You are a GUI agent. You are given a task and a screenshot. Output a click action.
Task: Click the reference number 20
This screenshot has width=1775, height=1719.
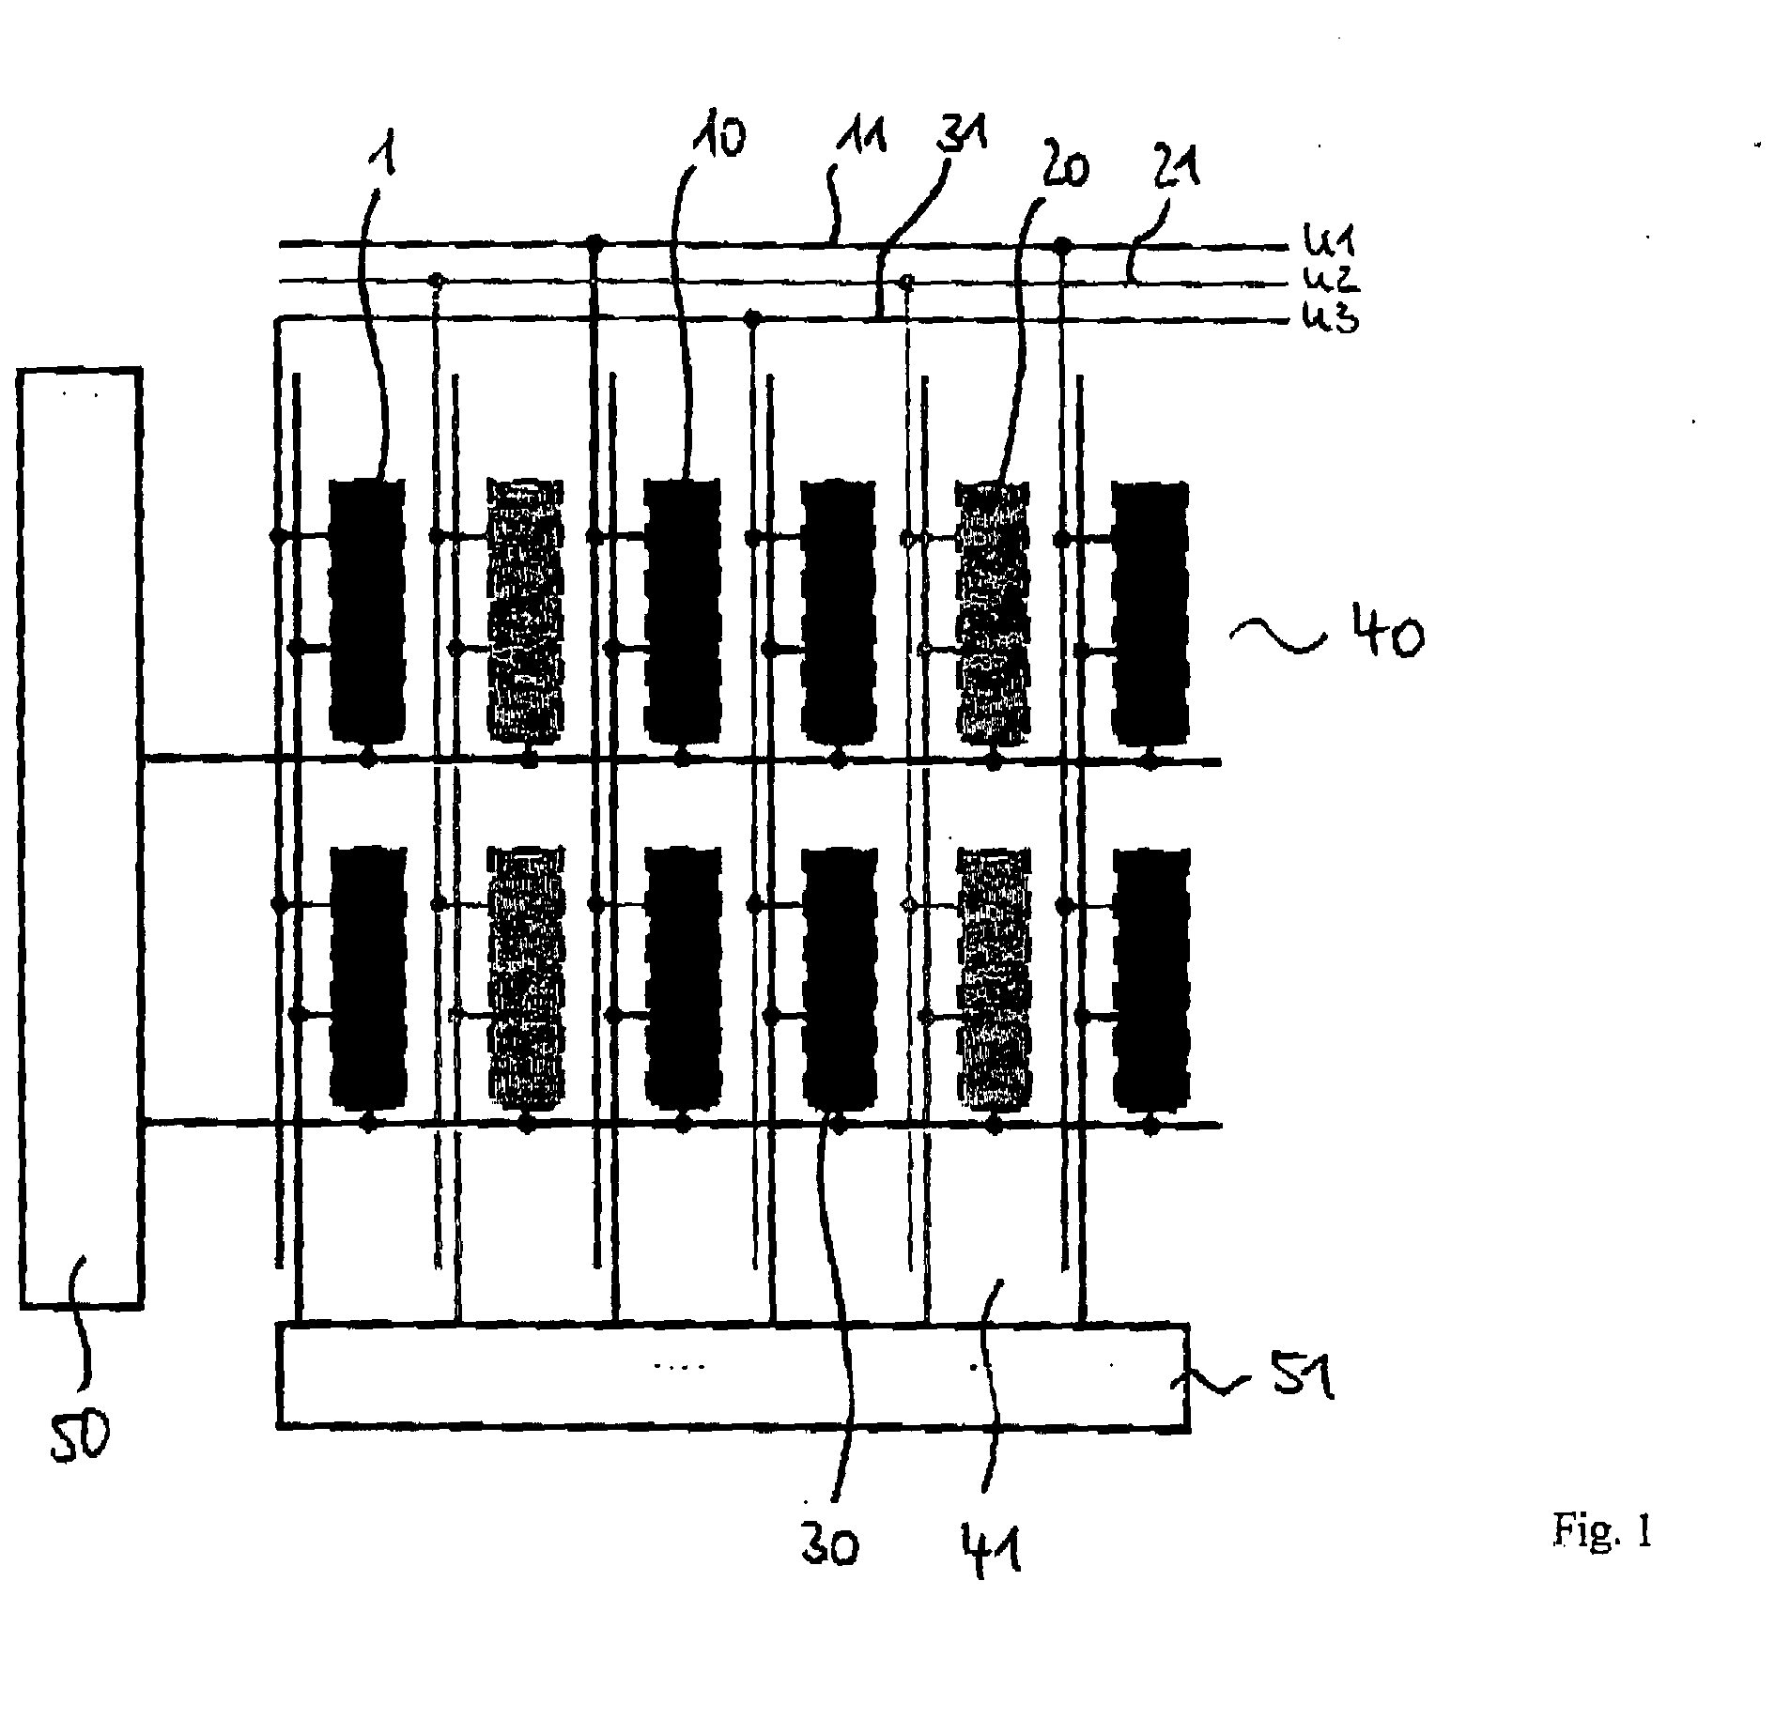1060,170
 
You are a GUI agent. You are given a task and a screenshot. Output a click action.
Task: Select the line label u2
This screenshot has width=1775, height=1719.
1330,279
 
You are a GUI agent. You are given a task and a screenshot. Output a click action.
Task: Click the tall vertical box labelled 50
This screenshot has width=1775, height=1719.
81,837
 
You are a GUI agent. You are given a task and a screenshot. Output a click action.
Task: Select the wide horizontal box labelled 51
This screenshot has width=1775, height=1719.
733,1376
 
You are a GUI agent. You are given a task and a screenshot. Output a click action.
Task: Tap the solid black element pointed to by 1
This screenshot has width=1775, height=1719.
368,609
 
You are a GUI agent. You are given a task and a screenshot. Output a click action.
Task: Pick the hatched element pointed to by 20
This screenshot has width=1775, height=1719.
993,609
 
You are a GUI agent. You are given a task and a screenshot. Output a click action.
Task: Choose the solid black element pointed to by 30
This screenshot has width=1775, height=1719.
840,977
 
